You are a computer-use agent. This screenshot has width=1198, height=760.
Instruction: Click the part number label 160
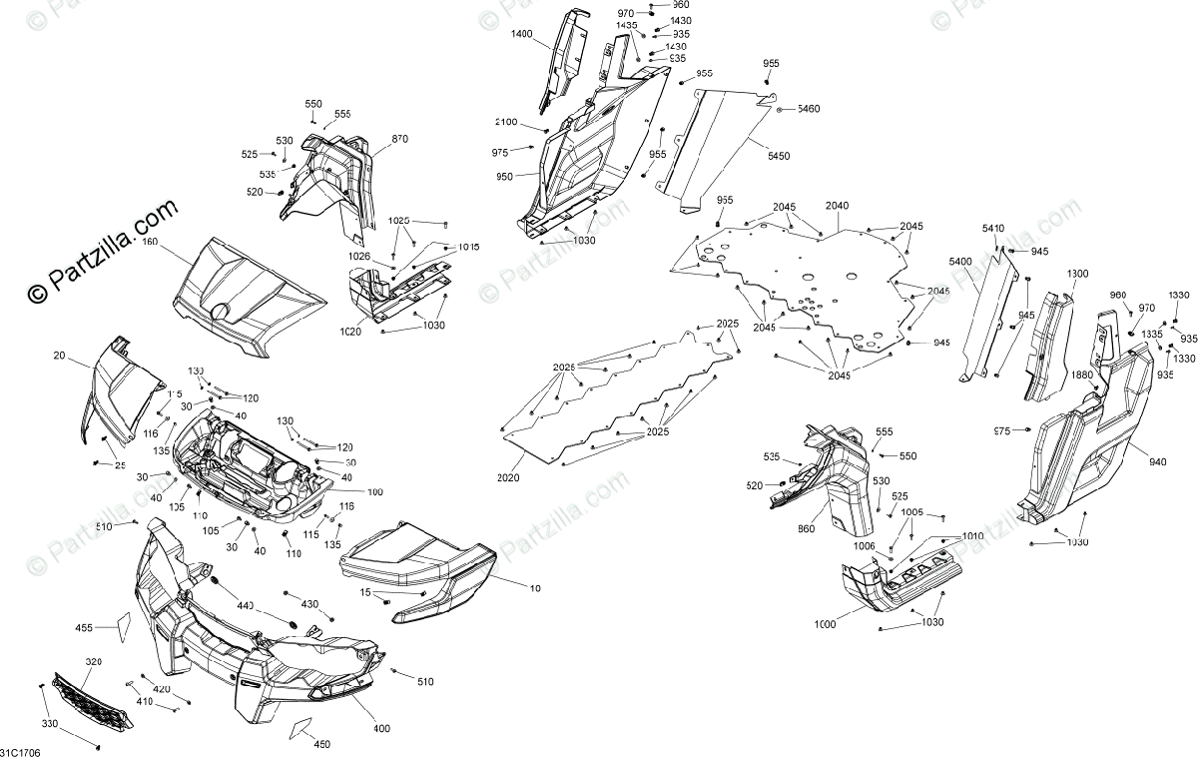[x=150, y=243]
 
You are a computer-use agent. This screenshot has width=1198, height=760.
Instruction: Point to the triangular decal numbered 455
[x=120, y=624]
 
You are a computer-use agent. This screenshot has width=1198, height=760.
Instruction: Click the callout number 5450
[x=779, y=156]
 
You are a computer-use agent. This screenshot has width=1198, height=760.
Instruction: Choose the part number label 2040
[x=837, y=206]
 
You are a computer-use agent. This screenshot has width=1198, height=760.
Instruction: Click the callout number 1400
[x=522, y=34]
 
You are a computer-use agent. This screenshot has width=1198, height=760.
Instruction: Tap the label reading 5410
[x=993, y=229]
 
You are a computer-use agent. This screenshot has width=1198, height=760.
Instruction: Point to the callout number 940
[x=1157, y=462]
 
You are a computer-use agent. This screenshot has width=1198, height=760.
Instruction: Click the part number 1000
[x=825, y=624]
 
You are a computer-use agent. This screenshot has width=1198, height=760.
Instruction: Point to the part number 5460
[x=808, y=108]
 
